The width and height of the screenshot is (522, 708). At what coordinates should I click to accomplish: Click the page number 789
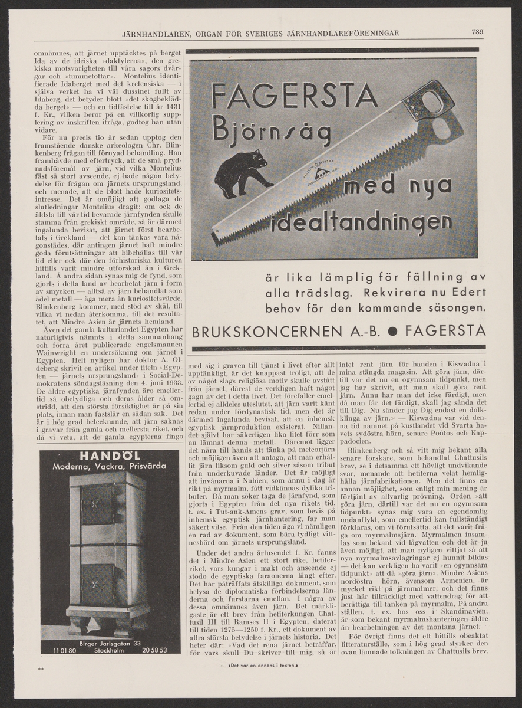pos(477,32)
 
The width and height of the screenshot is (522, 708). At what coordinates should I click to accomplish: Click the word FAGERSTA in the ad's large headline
pos(294,96)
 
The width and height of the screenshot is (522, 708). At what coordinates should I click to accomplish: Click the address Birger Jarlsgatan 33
pos(110,643)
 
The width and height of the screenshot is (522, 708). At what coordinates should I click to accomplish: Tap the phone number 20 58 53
pos(154,650)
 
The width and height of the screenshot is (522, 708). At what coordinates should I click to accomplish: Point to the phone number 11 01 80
pos(64,650)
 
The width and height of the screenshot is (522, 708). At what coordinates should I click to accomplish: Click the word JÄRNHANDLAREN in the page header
pos(158,32)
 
